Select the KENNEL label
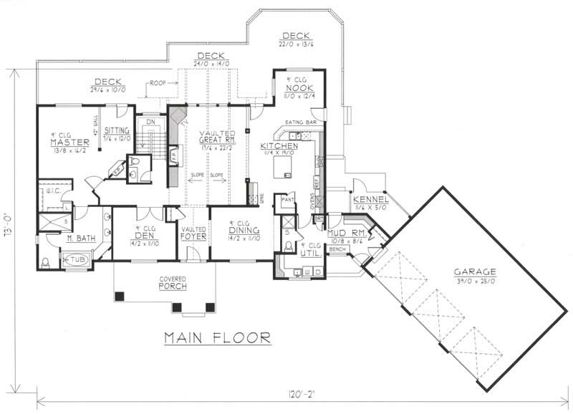point(370,198)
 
